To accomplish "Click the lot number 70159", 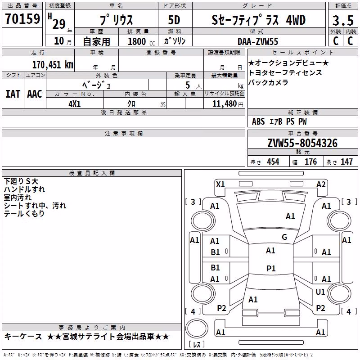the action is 22,18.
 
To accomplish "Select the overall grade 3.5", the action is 343,20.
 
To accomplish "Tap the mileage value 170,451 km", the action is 53,65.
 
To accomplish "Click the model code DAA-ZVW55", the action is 257,41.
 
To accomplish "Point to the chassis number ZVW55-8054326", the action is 302,143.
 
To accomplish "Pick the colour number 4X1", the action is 75,104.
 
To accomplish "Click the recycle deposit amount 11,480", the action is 224,104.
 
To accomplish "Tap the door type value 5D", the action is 174,20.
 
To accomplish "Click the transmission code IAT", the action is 13,94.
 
